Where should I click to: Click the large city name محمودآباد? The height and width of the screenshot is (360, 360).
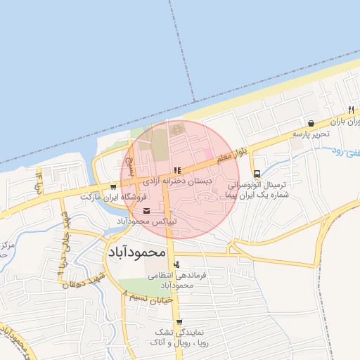tap(138, 251)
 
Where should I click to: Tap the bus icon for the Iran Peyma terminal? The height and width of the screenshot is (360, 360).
tap(257, 174)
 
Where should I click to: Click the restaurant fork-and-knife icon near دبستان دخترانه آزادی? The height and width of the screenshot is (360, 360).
tap(177, 169)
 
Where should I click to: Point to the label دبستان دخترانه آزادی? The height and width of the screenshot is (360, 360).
tap(177, 181)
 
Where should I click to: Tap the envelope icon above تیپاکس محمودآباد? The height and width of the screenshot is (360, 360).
tap(146, 211)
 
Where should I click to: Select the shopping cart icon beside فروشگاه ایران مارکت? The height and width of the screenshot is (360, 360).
tap(114, 187)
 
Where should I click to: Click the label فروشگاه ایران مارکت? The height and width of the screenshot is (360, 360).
tap(107, 197)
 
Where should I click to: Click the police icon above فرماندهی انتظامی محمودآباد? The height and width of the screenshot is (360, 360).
tap(176, 264)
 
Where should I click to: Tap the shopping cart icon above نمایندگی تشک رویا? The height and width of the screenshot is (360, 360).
tap(179, 322)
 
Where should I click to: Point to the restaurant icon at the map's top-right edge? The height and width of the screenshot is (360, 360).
tap(350, 110)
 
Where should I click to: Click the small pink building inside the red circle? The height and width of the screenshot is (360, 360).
tap(207, 154)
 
